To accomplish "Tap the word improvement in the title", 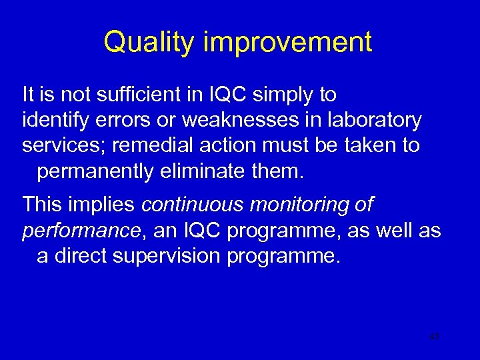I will pos(288,43).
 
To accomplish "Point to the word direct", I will pos(75,257).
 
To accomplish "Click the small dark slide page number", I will pos(434,337).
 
